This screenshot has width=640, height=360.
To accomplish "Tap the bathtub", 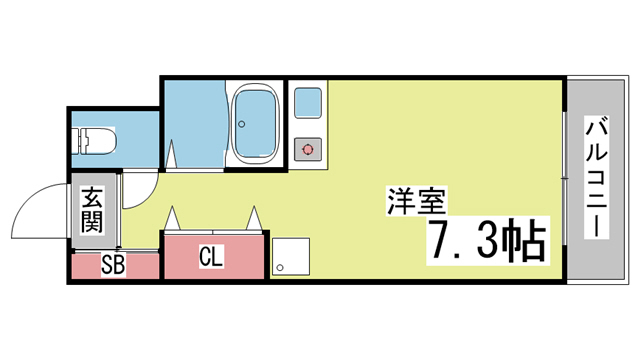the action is point(255,124).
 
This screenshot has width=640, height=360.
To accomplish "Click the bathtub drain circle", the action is point(242,124).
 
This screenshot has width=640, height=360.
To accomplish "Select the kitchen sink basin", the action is point(308,103).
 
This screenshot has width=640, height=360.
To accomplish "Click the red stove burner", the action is point(308,150).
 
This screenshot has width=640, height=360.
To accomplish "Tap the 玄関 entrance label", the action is point(92,210).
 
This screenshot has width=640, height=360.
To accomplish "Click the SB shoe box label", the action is point(113,265).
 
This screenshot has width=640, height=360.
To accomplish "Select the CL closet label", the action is point(211,256).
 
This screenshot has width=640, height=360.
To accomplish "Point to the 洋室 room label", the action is point(416,201).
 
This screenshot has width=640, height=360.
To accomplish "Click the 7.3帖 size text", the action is point(487,241).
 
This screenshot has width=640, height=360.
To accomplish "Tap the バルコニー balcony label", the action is point(596,177).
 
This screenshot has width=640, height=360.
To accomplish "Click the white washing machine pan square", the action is point(291,256).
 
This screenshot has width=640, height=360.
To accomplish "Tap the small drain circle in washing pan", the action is point(280,268).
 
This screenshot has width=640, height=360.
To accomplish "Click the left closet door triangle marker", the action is point(172,218).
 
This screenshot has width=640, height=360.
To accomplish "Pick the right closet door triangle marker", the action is point(254,218).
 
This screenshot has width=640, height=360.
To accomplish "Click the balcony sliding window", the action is point(564,178).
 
